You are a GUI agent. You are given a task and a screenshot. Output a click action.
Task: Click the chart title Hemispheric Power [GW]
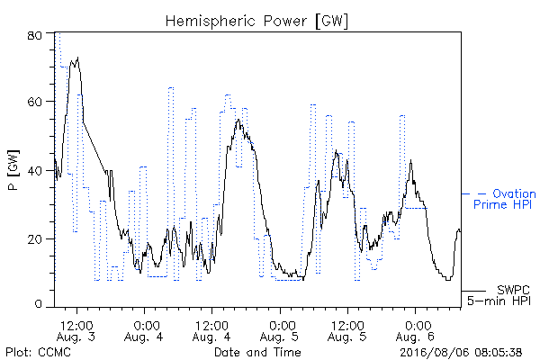pos(256,21)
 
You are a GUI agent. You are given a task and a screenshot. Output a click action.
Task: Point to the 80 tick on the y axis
pos(34,35)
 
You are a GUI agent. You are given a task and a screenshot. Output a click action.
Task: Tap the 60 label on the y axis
pos(34,102)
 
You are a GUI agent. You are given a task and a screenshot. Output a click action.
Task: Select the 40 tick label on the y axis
pos(34,170)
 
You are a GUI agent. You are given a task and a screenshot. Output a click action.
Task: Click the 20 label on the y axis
pos(34,238)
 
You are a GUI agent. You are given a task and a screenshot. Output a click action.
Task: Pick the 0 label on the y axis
pos(38,304)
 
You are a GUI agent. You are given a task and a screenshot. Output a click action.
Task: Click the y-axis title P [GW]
pos(13,170)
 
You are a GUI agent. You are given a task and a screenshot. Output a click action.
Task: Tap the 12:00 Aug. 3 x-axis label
pos(76,330)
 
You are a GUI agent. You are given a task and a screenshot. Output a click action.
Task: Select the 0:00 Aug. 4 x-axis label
pos(144,330)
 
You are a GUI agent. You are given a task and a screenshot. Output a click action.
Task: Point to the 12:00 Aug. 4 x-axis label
pos(211,330)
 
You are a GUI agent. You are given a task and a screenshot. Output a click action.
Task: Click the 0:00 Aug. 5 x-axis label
pos(280,330)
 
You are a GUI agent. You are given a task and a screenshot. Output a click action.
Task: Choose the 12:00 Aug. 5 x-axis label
pos(347,330)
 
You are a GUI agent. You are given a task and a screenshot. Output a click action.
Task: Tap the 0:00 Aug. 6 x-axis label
pos(415,330)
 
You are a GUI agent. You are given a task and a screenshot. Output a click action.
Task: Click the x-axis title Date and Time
pos(257,352)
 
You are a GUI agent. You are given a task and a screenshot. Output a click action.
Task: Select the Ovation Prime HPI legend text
pos(505,199)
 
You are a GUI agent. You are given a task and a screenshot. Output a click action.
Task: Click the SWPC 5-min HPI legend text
pos(499,295)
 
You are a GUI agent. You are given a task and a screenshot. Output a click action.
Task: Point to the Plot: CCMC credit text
pos(38,352)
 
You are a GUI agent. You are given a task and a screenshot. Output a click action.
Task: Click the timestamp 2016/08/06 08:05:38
pos(461,352)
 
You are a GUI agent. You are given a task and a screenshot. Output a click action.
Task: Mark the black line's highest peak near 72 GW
pos(78,58)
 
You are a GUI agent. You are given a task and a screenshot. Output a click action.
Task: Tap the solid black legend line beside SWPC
pos(473,291)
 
